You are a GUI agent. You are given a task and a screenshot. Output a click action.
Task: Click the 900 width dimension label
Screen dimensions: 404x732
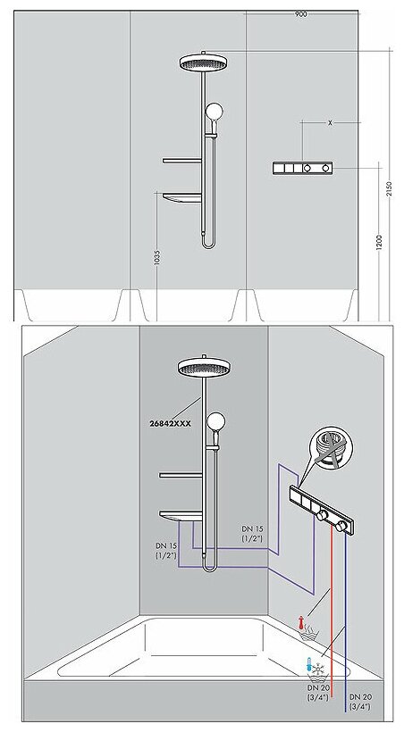coord(301,14)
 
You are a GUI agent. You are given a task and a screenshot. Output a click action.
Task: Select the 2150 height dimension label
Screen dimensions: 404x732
coord(390,187)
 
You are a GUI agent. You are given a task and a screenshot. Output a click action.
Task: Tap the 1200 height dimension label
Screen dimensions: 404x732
coord(379,242)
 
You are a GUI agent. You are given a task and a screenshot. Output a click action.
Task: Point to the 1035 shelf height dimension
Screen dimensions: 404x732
coord(156,257)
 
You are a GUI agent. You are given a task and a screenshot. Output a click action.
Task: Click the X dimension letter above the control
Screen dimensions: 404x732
coord(330,123)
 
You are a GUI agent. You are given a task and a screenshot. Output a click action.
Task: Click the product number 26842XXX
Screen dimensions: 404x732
coord(170,423)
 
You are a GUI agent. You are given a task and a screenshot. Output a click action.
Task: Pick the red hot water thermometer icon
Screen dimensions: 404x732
coord(302,622)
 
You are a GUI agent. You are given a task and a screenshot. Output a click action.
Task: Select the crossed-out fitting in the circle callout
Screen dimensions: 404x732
coord(332,448)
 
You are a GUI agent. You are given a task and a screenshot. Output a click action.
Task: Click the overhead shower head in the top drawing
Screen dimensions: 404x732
coord(203,62)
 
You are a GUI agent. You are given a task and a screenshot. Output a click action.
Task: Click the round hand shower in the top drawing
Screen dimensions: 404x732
coord(215,112)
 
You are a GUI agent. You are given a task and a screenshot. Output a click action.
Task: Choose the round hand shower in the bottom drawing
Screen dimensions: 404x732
coord(215,421)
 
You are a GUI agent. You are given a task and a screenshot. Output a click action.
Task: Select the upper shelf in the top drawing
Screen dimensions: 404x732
coord(183,161)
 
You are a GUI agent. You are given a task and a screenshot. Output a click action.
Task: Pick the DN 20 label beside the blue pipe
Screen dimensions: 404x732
coord(360,702)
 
